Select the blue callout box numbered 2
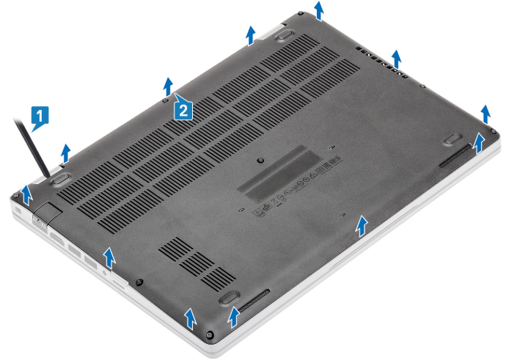pos(183,109)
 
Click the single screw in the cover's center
pos(261,156)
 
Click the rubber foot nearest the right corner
pos(453,136)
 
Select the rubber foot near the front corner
pos(227,297)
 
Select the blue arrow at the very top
pos(318,10)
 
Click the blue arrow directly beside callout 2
pos(168,84)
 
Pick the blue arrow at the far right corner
pos(485,113)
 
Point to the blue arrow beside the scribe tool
pos(65,151)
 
